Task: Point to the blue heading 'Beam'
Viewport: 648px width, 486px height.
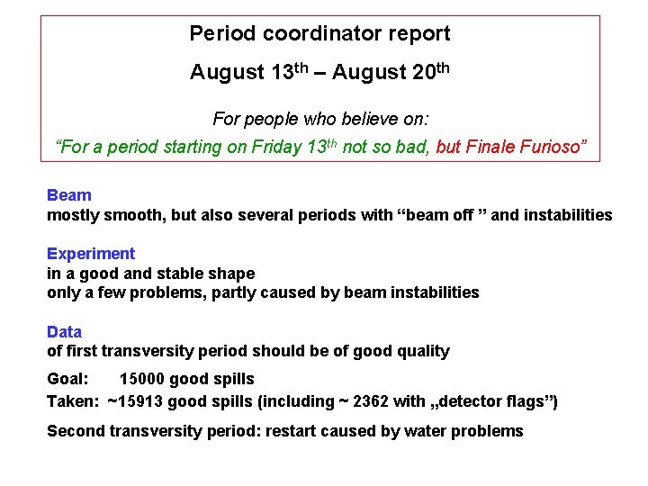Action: [x=69, y=195]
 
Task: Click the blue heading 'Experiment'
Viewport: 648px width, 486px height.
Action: [x=91, y=254]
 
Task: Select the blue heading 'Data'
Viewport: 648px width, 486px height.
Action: [x=64, y=332]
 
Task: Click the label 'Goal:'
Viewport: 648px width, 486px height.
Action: [x=67, y=379]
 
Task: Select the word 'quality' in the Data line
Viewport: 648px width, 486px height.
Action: [x=421, y=351]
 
